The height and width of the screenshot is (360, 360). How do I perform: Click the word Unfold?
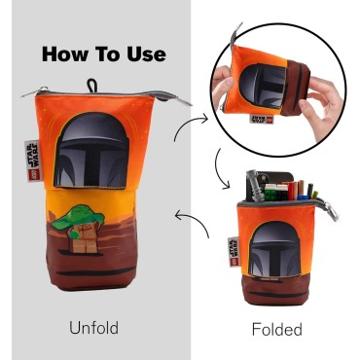pyautogui.click(x=93, y=327)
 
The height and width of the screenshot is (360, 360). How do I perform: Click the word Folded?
pyautogui.click(x=277, y=329)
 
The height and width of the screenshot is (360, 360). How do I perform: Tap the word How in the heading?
pyautogui.click(x=64, y=54)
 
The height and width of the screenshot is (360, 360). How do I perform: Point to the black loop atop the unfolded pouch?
pyautogui.click(x=91, y=86)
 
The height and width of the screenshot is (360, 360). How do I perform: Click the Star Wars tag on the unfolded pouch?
pyautogui.click(x=32, y=161)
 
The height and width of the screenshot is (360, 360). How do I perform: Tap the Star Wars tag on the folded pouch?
pyautogui.click(x=233, y=252)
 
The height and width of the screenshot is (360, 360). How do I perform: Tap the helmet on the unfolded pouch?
pyautogui.click(x=91, y=151)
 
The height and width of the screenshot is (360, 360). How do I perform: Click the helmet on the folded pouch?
pyautogui.click(x=275, y=249)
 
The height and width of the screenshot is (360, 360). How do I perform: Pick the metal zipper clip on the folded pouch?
pyautogui.click(x=332, y=211)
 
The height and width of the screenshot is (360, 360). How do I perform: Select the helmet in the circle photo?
pyautogui.click(x=263, y=87)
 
